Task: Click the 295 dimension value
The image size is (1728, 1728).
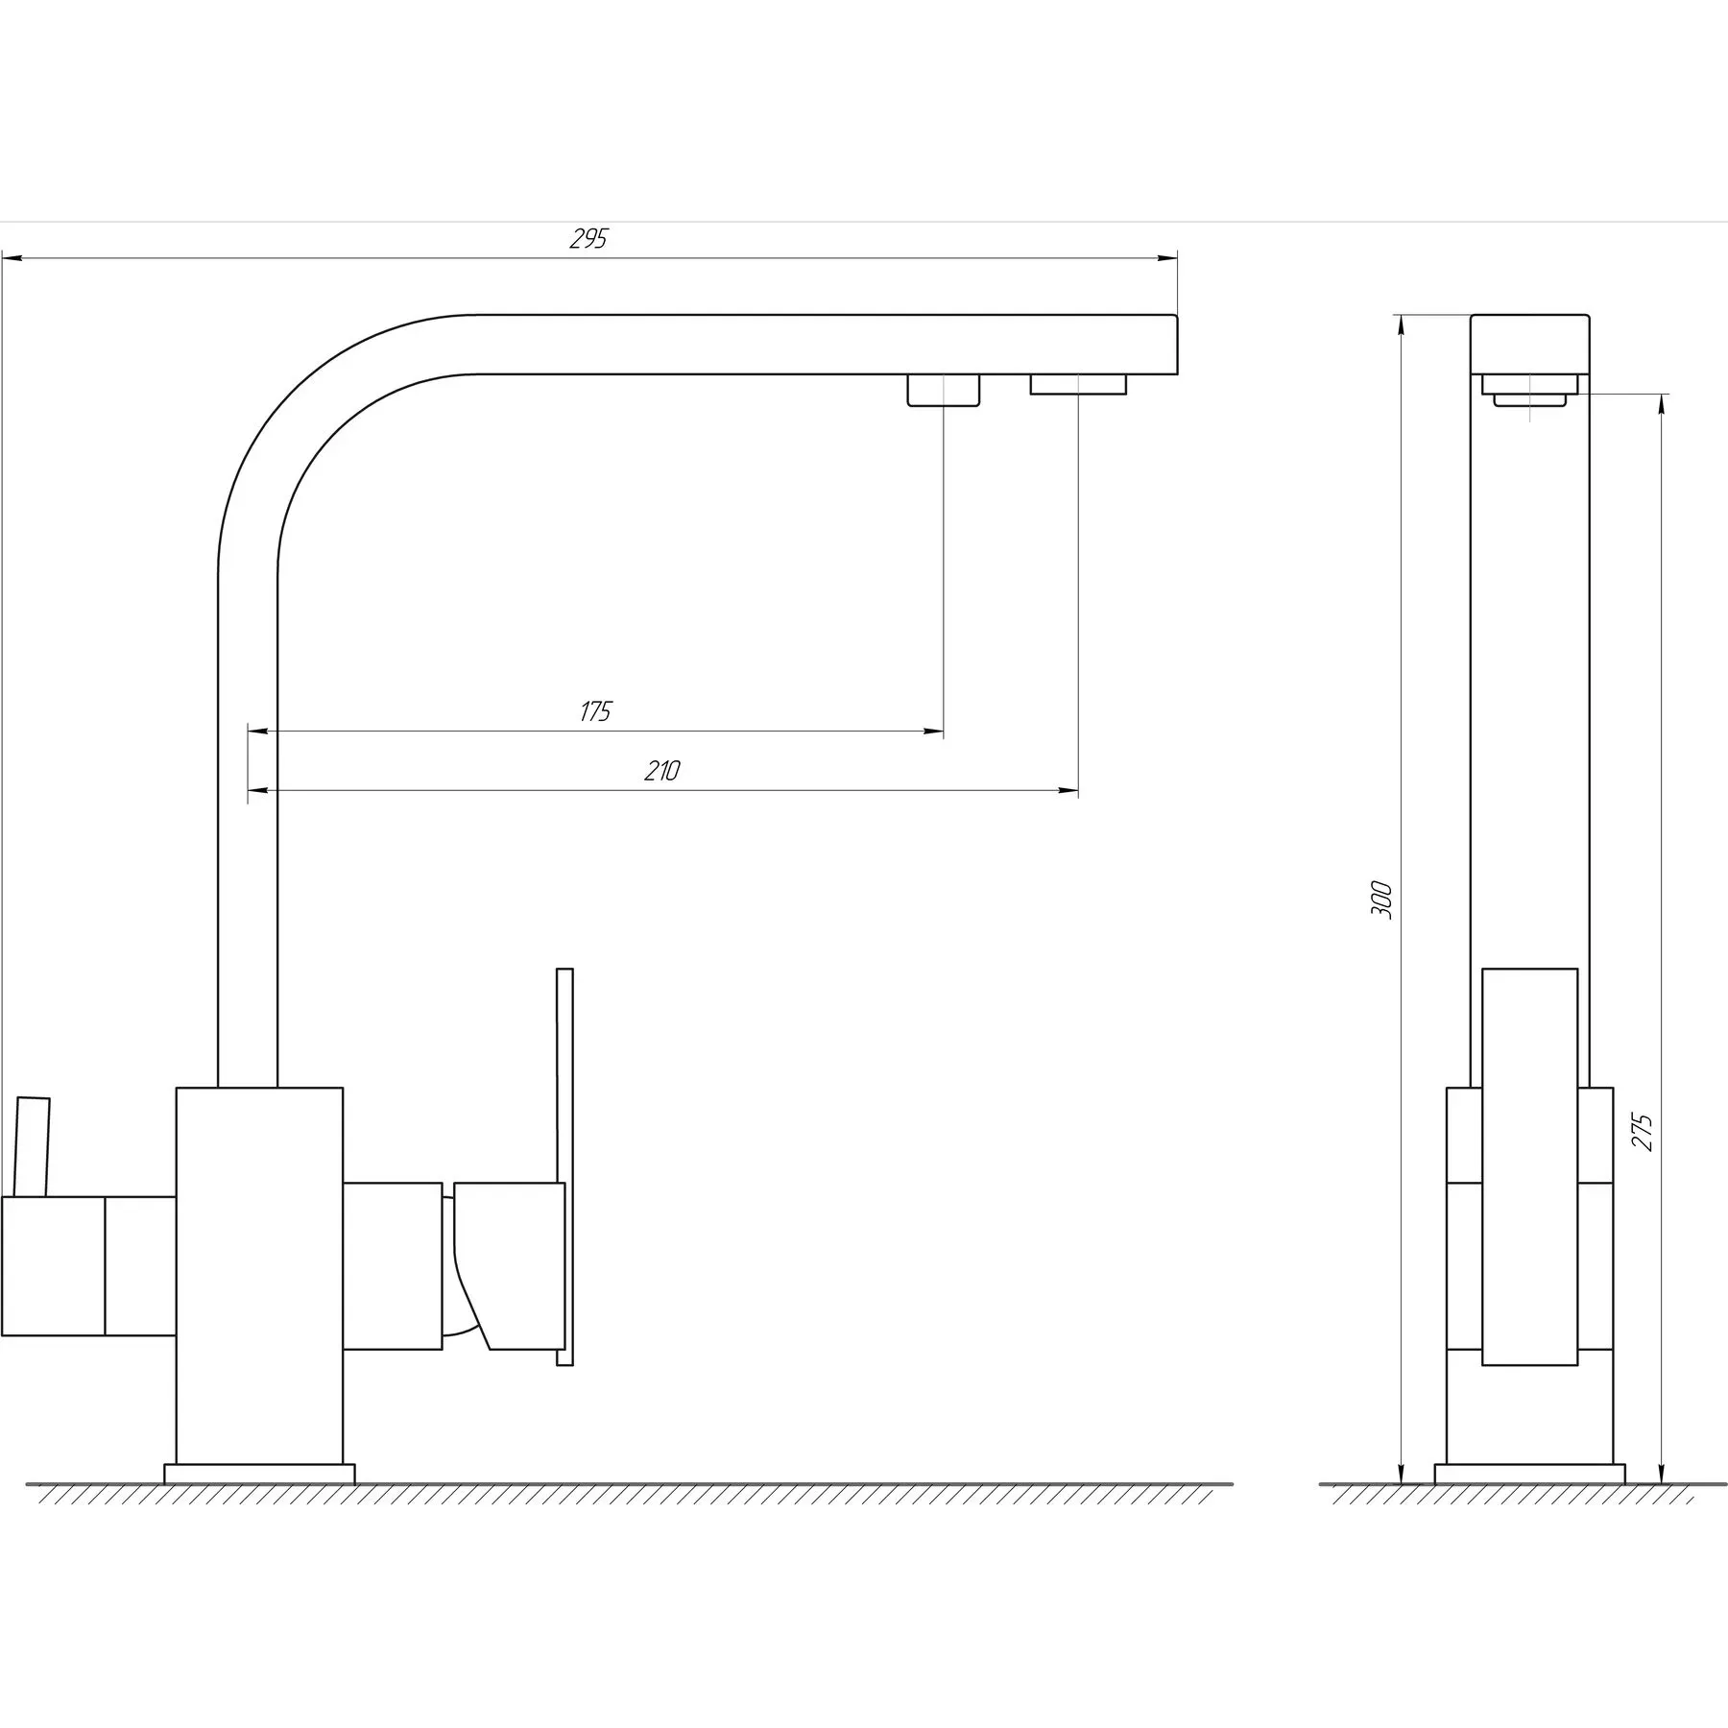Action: coord(588,239)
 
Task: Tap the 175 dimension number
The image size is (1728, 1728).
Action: coord(595,711)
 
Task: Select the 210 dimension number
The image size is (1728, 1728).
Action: coord(662,770)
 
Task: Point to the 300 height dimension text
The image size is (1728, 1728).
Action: coord(1381,899)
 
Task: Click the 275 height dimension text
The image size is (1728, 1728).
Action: coord(1642,1132)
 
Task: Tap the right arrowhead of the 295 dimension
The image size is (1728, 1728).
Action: coord(1167,257)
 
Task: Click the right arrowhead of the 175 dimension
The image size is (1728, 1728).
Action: coord(933,732)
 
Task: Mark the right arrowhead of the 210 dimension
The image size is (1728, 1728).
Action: coord(1068,791)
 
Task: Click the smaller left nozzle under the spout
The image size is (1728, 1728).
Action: coord(944,391)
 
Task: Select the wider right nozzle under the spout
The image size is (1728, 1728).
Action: coord(1078,384)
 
